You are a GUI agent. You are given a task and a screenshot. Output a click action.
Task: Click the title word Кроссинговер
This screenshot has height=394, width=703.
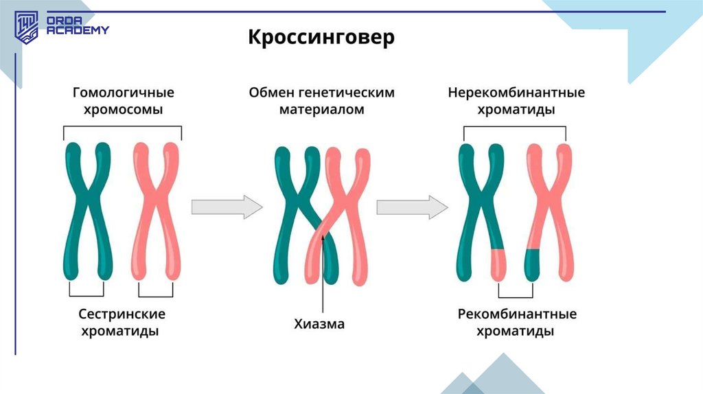321,37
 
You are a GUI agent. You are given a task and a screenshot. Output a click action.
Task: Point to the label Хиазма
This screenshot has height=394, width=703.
319,324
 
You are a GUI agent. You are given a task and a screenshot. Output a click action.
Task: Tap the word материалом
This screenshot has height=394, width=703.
321,110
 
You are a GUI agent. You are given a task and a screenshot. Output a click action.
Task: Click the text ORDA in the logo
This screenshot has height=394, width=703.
62,21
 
